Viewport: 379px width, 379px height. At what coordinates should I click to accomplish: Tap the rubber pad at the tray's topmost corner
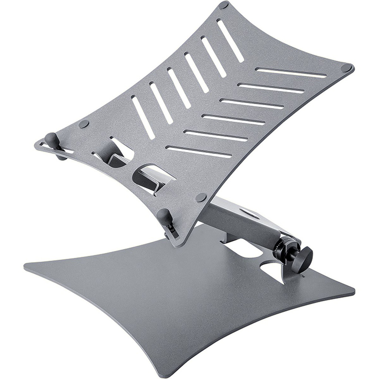point(223,5)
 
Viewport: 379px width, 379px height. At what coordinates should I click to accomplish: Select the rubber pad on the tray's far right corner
point(346,68)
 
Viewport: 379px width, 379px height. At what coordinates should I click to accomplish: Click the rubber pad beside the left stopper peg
point(84,124)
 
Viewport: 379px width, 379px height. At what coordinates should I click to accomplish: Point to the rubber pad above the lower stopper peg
point(201,197)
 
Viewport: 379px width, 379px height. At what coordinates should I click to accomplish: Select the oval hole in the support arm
point(249,213)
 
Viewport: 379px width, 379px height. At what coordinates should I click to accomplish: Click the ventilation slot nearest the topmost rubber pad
point(230,41)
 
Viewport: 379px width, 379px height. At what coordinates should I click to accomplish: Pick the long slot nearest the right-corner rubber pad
point(291,73)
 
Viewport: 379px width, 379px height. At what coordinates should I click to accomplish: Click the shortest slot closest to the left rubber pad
point(143,117)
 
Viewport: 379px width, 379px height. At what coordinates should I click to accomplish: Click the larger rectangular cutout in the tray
point(152,178)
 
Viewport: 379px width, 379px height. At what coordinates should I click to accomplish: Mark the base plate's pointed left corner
point(26,266)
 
